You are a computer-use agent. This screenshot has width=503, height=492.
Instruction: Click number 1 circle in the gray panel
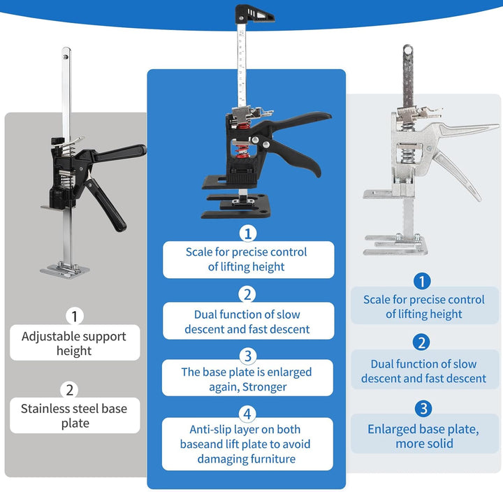click(x=75, y=316)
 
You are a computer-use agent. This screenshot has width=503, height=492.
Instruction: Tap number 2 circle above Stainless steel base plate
click(x=70, y=390)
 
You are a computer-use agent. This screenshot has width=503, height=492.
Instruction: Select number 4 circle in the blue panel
click(x=247, y=414)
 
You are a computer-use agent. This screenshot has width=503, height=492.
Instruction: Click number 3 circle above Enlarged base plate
click(x=423, y=409)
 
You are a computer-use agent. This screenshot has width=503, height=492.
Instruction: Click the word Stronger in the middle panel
click(x=264, y=387)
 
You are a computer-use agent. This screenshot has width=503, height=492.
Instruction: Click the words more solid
click(x=424, y=444)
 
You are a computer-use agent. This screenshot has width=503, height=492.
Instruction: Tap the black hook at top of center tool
click(x=255, y=14)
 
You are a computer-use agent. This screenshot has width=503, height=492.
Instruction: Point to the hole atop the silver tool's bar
click(x=408, y=51)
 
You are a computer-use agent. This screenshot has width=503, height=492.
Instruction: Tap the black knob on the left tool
click(x=57, y=141)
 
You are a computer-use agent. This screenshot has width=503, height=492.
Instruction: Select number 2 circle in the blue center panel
click(x=247, y=294)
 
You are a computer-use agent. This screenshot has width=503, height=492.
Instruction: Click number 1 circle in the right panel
click(x=422, y=281)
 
